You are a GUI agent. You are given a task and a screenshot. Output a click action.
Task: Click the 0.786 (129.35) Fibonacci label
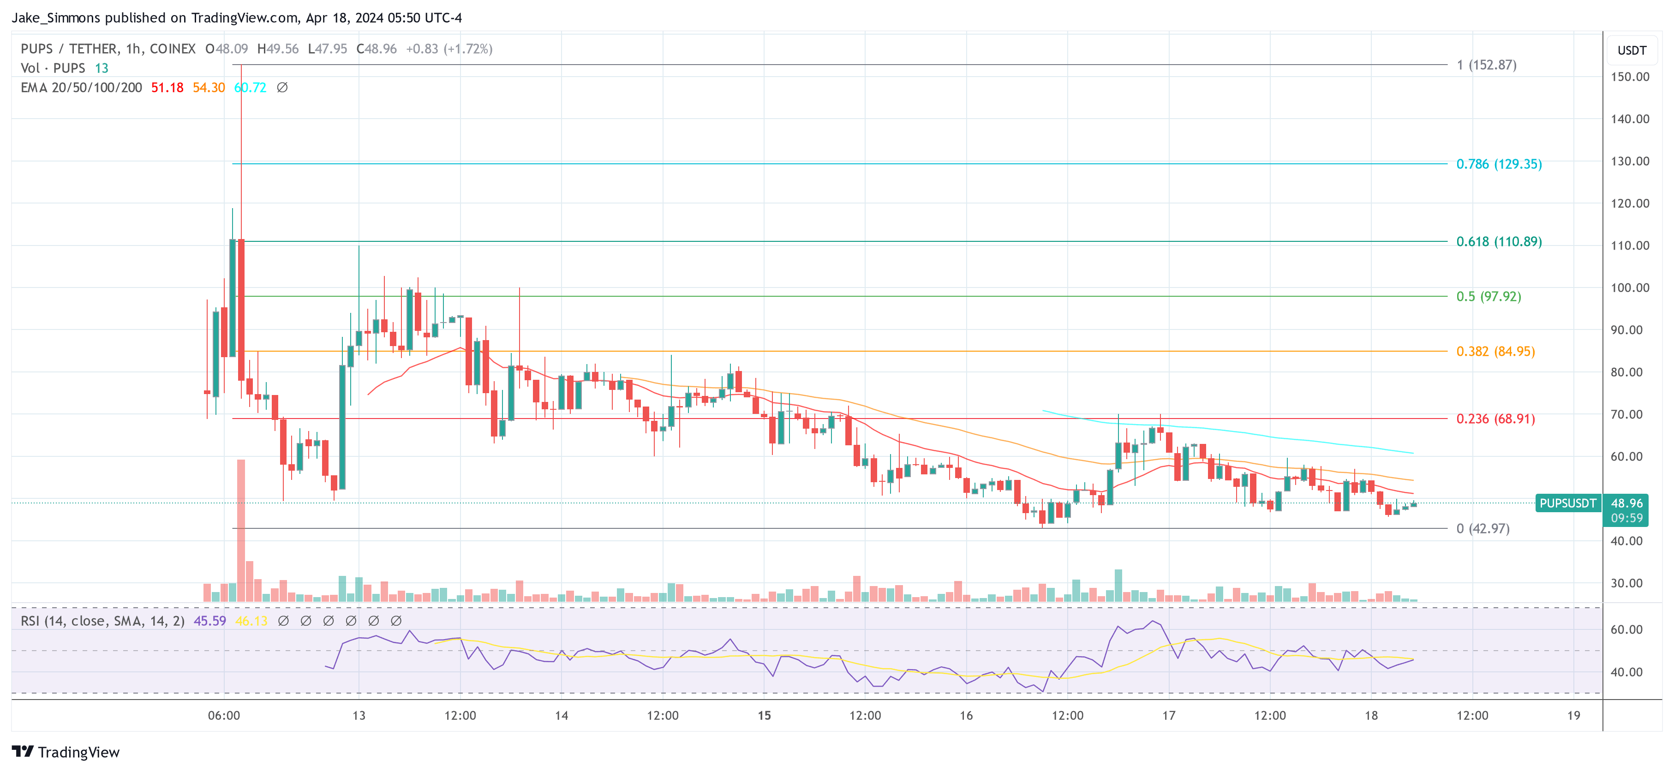tap(1499, 164)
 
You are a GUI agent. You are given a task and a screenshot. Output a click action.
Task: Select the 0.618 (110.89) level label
tap(1499, 242)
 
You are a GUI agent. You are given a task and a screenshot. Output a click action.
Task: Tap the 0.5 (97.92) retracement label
tap(1488, 296)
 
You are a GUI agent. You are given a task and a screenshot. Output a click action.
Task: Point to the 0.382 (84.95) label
tap(1495, 352)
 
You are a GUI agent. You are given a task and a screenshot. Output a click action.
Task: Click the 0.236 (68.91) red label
tap(1495, 419)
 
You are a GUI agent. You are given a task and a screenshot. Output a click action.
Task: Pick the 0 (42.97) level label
tap(1483, 528)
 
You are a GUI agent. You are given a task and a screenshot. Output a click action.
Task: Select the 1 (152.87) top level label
tap(1486, 65)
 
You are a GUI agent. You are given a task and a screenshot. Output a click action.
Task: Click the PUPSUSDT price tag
tap(1567, 503)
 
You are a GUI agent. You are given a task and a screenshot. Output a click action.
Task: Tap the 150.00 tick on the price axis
tap(1630, 77)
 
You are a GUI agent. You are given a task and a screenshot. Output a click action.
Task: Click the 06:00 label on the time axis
tap(223, 715)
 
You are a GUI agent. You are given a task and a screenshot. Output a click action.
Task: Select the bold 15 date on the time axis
tap(764, 715)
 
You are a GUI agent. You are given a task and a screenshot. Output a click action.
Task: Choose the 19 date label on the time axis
tap(1573, 715)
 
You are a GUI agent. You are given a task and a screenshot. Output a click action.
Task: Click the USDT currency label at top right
tap(1632, 50)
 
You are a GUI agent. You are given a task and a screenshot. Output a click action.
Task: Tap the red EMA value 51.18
tap(167, 88)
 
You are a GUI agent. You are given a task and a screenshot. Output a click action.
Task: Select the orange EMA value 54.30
tap(209, 88)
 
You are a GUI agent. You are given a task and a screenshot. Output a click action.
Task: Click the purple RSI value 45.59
tap(210, 621)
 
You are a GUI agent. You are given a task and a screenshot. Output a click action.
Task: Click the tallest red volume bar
tap(241, 530)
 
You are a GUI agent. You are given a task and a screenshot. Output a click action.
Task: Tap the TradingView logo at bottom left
tap(66, 752)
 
